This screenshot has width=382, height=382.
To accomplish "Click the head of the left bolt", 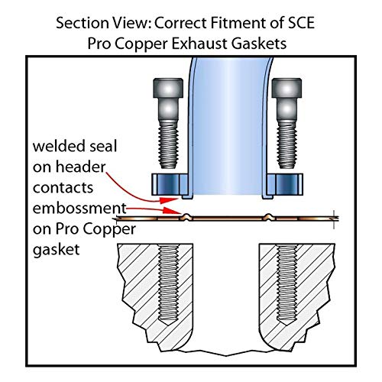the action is tap(168, 88).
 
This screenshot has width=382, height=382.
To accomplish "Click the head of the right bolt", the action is tap(286, 88).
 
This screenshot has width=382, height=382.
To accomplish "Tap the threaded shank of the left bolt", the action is tap(168, 144).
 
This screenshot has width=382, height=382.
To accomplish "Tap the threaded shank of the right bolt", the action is tap(287, 144).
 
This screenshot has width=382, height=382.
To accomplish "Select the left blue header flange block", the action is tap(170, 184).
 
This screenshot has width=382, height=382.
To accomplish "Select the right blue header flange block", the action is tap(285, 184).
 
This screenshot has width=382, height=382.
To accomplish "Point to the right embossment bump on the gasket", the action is tap(268, 217).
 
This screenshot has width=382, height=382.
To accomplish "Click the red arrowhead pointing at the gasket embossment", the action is tap(172, 211).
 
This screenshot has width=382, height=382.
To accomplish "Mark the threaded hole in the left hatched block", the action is tap(168, 285).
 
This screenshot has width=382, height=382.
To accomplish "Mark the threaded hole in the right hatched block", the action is tap(287, 285).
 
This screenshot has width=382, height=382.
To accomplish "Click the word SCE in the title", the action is tap(302, 23).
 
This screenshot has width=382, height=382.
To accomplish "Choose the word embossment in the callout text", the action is tap(79, 209).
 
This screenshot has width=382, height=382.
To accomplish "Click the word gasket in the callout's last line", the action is tap(57, 250).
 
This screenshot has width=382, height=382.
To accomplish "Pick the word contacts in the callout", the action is tap(63, 188).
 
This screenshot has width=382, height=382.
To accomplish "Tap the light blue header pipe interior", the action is tap(228, 128).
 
